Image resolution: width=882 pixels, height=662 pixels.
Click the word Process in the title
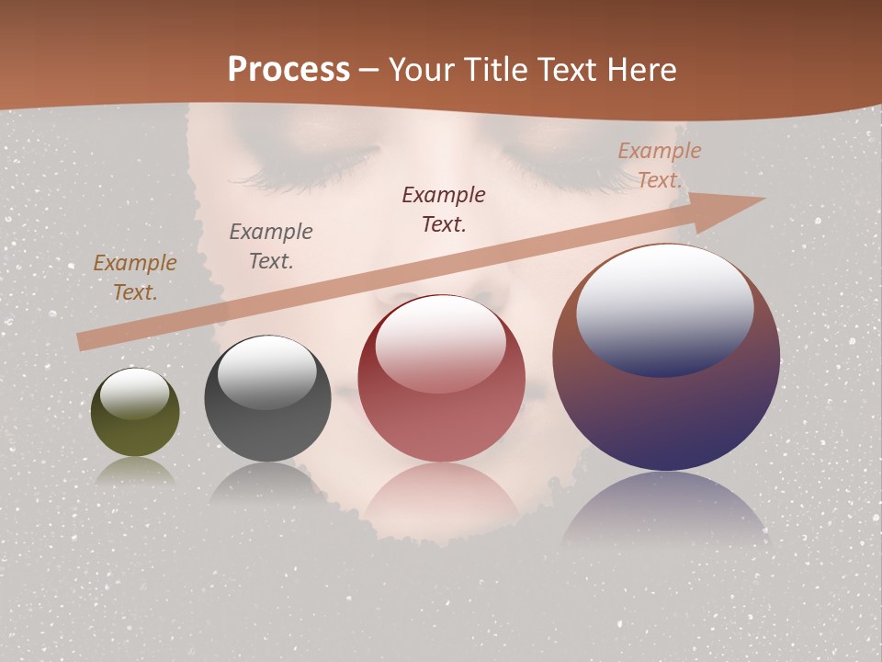(x=288, y=69)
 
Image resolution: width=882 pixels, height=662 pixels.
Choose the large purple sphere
(x=666, y=405)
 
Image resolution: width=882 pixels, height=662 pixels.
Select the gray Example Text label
(x=271, y=246)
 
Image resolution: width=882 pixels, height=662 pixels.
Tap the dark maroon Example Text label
(x=444, y=210)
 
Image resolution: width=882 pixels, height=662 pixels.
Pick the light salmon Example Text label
(x=659, y=165)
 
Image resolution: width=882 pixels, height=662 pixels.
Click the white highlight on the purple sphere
(x=665, y=308)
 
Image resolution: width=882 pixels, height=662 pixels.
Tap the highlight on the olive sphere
(x=135, y=394)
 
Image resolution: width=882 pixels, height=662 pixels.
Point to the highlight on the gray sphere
(x=267, y=371)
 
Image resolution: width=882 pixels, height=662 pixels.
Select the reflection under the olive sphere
(x=135, y=471)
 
